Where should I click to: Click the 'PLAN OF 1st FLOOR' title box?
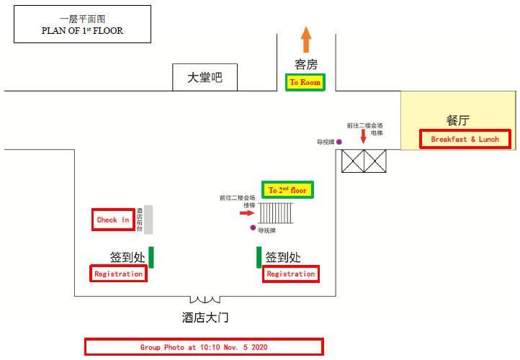[82, 24]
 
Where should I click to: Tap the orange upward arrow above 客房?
[306, 39]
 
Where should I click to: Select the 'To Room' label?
[305, 83]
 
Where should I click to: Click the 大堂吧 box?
[205, 78]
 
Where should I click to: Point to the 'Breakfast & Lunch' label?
[465, 139]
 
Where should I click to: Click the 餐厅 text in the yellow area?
[458, 120]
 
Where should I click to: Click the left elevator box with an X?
[353, 161]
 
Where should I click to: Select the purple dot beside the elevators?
[339, 143]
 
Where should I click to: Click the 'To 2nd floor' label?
[287, 190]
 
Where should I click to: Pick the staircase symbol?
[276, 213]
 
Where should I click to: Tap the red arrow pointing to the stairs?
[247, 213]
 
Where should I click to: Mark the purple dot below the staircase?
[253, 228]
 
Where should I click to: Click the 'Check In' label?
[113, 220]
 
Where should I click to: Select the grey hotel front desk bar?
[148, 219]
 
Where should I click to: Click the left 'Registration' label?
[119, 274]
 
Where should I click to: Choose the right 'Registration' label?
[290, 274]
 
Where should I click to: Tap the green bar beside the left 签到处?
[152, 257]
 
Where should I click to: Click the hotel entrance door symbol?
[205, 299]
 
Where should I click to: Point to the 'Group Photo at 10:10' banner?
[203, 346]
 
